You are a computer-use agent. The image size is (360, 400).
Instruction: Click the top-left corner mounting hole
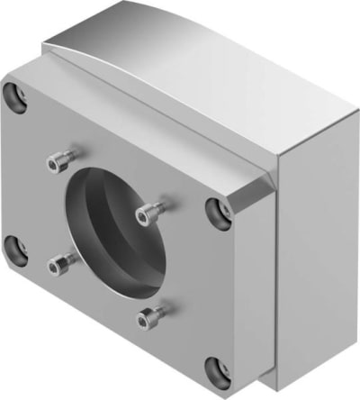[x=13, y=94]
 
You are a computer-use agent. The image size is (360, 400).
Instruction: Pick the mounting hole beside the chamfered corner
[x=217, y=210]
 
